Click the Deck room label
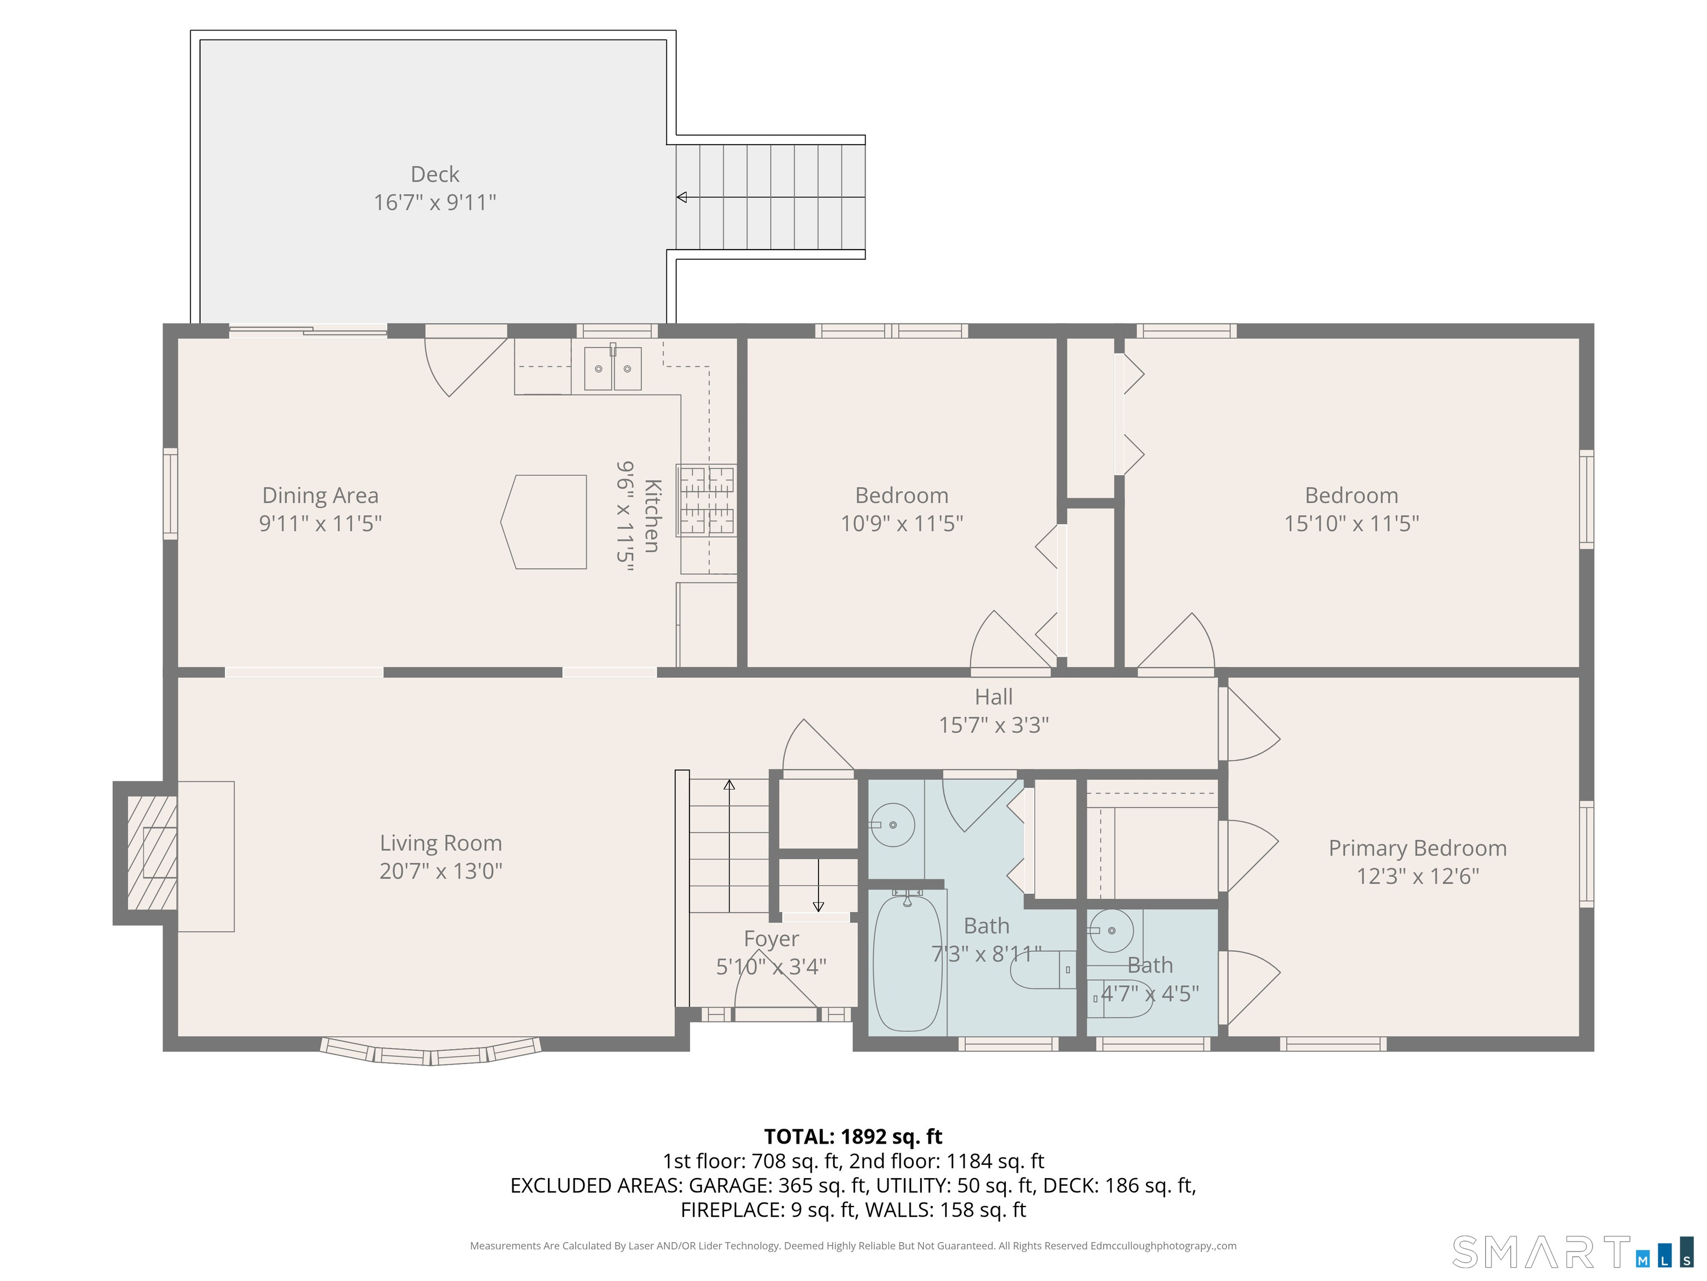[435, 175]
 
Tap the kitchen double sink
[613, 368]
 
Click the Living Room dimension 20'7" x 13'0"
[441, 871]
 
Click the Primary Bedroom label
[1417, 848]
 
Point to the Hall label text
[993, 697]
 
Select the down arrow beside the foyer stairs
[818, 906]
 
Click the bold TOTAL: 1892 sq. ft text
[853, 1136]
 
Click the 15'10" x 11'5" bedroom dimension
[1351, 524]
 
